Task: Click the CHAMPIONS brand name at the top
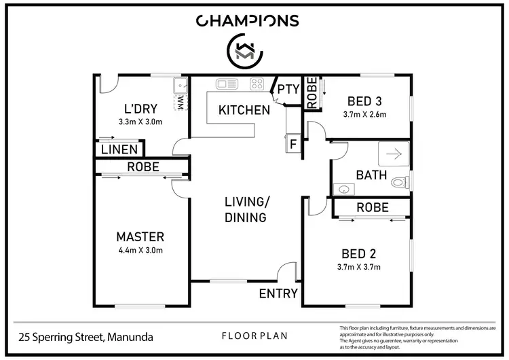coord(248,20)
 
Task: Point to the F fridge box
coord(293,143)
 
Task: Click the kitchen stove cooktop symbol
coord(257,84)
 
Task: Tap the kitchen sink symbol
coord(225,84)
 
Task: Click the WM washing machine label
coord(181,102)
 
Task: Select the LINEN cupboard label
coord(119,149)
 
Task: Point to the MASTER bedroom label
coord(140,236)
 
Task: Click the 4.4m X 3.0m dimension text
coord(140,250)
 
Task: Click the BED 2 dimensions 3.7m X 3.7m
coord(358,267)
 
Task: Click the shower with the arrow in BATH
coord(392,154)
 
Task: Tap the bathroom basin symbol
coord(344,190)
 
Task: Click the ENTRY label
coord(278,293)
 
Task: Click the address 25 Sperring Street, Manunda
coord(86,336)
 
